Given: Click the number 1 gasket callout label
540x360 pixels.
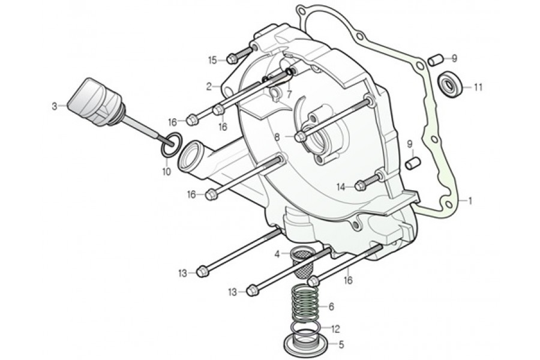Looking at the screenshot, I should [x=470, y=201].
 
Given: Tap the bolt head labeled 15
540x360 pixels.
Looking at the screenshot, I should [x=232, y=59].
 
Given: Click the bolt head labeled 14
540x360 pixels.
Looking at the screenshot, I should [x=359, y=186].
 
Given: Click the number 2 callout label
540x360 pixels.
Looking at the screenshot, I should [x=209, y=86].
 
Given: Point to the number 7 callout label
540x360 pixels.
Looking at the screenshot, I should [x=289, y=95].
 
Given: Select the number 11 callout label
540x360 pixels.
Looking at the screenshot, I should [x=478, y=87].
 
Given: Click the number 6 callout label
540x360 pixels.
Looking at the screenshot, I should [x=330, y=306].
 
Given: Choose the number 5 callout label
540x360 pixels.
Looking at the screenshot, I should [x=341, y=345].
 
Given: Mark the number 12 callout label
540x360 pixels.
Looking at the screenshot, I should [x=335, y=328].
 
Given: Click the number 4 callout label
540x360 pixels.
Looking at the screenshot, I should [x=277, y=254].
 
